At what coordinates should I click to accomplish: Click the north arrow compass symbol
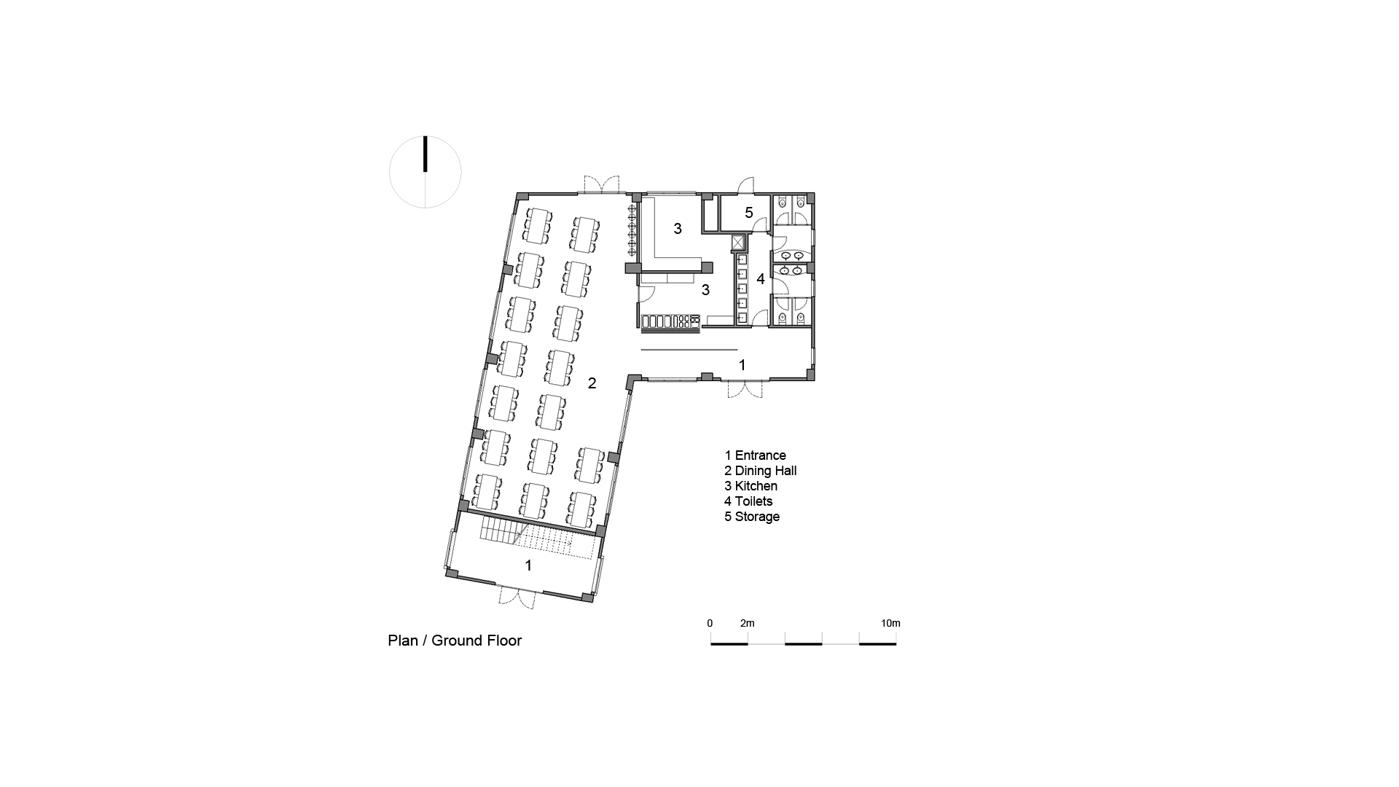(426, 172)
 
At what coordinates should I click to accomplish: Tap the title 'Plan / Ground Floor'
(455, 641)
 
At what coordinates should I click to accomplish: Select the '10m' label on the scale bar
(890, 623)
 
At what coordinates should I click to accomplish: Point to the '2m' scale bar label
(747, 623)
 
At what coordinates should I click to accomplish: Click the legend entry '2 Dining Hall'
(760, 471)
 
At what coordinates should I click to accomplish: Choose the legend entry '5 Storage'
(752, 517)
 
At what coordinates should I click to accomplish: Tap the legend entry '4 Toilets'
(748, 501)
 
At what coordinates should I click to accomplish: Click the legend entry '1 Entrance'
(755, 455)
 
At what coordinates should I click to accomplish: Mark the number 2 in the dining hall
(592, 383)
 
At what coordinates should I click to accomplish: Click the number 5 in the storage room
(748, 213)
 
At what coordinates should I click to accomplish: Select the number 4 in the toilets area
(760, 278)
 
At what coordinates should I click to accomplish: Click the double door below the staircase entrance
(518, 598)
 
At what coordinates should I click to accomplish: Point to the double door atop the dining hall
(600, 185)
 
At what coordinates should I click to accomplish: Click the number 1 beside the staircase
(528, 565)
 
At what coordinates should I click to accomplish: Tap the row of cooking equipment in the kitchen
(670, 321)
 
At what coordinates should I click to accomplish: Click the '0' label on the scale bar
(710, 623)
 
